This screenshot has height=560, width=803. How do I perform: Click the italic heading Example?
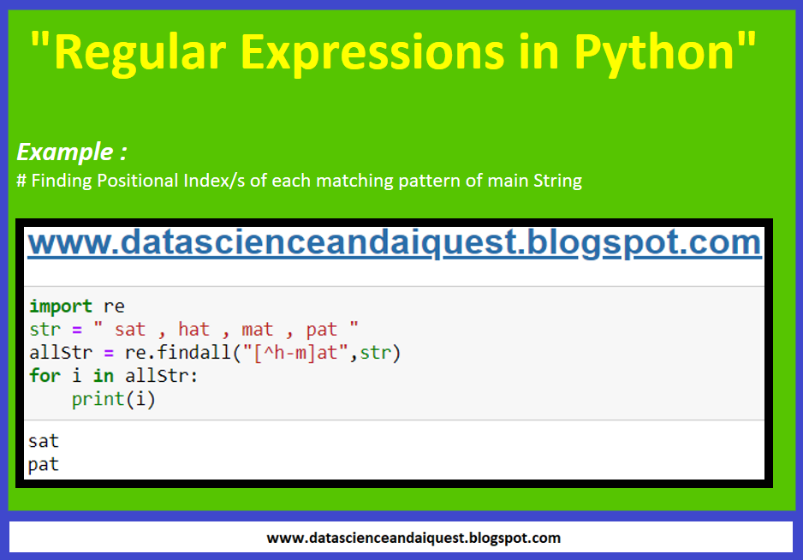click(x=66, y=152)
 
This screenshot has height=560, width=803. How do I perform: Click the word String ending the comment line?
click(x=557, y=182)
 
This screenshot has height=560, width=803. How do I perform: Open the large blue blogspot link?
click(x=394, y=243)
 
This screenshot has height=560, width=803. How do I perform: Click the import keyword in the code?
click(x=61, y=307)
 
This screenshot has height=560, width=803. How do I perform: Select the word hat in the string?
click(x=193, y=330)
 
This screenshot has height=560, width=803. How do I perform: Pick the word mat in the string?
click(x=258, y=330)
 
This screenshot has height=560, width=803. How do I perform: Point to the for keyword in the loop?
click(x=45, y=376)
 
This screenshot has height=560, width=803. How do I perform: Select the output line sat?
click(x=44, y=442)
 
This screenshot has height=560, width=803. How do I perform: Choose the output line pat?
click(x=44, y=465)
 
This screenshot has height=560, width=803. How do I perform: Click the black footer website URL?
click(x=413, y=538)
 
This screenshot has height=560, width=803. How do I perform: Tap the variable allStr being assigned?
click(x=56, y=353)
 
